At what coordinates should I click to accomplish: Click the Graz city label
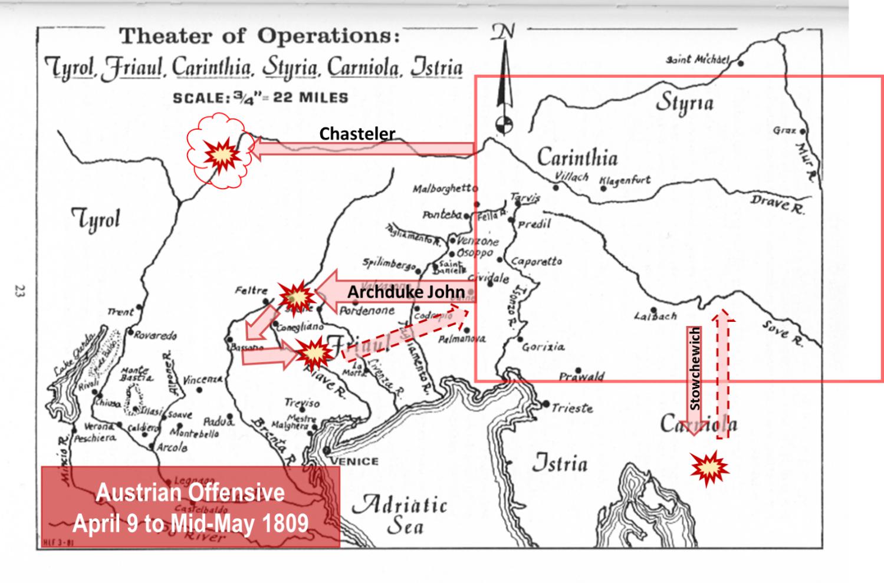pos(784,130)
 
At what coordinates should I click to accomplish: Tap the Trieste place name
pos(571,407)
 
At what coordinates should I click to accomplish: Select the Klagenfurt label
pos(625,180)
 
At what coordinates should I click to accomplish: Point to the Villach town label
pos(571,176)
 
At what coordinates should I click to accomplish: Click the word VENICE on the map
pos(353,461)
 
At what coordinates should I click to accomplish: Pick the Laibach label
pos(655,317)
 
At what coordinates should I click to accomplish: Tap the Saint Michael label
pos(698,60)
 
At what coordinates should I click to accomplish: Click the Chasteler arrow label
pos(357,134)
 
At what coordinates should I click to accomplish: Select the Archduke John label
pos(406,292)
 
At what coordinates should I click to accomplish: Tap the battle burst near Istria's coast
pos(709,469)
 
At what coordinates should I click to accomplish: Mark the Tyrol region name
pos(96,220)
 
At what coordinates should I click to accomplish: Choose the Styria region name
pos(684,104)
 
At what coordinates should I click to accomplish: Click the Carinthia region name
pos(577,157)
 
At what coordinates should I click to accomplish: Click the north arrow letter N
pos(503,33)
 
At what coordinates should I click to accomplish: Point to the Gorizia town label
pos(543,347)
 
